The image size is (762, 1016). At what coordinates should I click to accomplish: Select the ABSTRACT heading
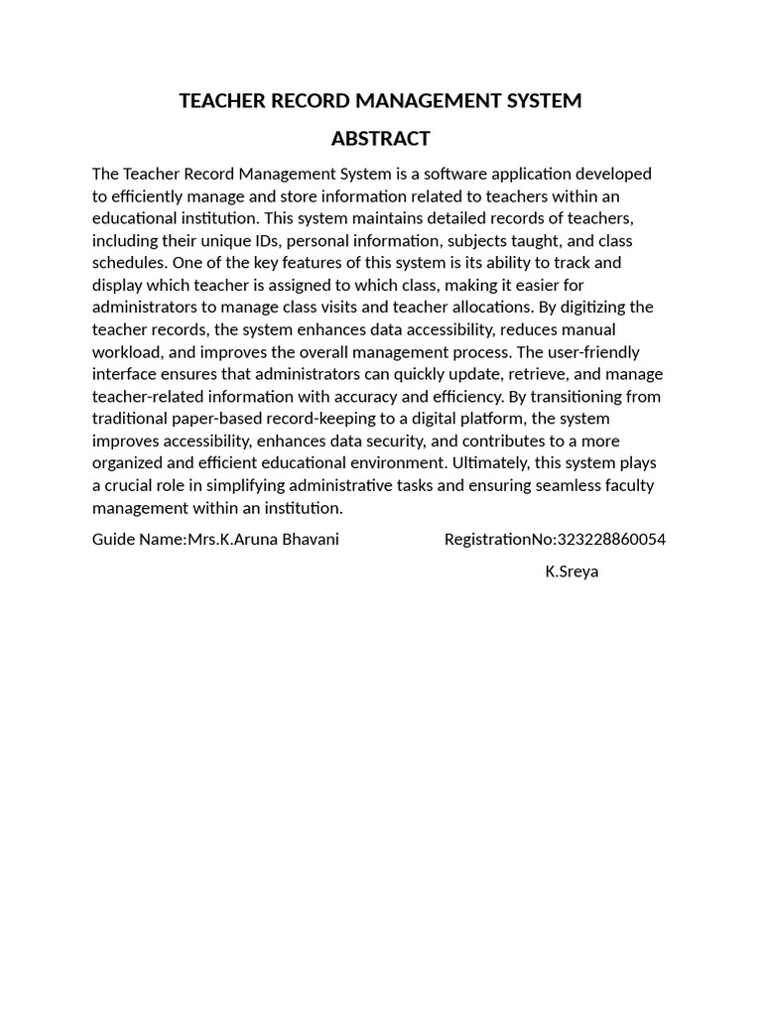point(380,138)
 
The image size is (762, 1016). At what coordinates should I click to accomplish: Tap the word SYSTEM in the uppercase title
point(539,101)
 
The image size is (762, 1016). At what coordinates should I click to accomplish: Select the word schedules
point(129,263)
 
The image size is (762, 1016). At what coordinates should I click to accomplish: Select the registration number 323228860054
point(611,540)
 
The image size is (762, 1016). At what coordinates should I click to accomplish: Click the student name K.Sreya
point(571,571)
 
